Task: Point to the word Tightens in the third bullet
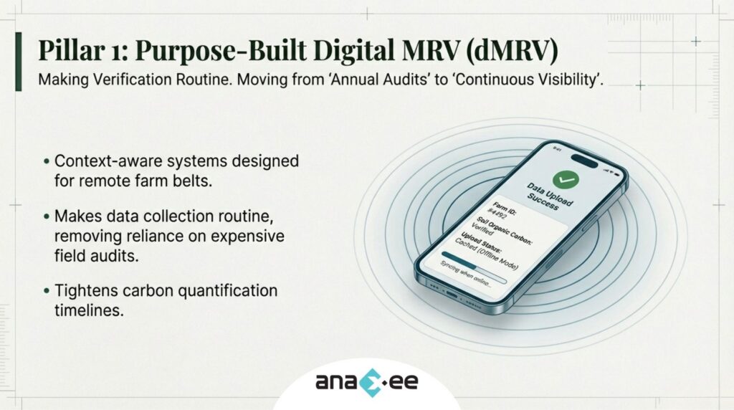(x=81, y=291)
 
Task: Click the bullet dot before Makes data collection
(x=47, y=216)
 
